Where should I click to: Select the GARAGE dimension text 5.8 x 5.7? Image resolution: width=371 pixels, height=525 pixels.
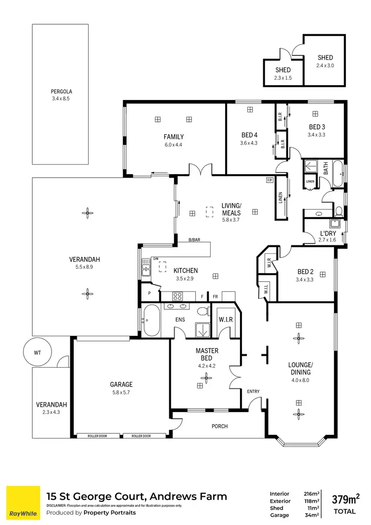[x=121, y=393]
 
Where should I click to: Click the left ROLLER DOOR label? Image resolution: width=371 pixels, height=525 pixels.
[x=98, y=436]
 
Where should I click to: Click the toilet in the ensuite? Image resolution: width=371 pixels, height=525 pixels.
[x=202, y=312]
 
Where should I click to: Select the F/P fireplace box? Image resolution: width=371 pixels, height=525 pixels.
[x=270, y=180]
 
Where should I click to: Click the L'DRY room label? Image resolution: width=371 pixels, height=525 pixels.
[x=328, y=233]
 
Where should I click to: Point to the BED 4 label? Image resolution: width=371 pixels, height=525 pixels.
[x=249, y=135]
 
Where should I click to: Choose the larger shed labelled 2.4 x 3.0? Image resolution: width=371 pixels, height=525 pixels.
[x=325, y=60]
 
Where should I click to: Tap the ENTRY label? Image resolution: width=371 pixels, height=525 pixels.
[x=253, y=392]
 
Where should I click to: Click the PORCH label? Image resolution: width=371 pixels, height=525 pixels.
[x=220, y=426]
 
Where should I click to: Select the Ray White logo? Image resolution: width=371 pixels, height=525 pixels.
[x=23, y=502]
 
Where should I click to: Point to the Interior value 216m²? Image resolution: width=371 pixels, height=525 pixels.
[x=310, y=493]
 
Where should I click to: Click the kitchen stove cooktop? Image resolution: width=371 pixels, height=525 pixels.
[x=178, y=296]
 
